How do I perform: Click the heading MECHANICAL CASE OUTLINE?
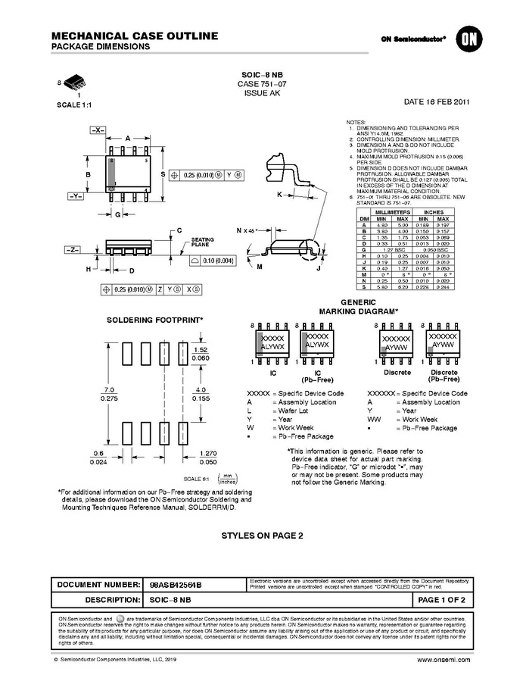135,36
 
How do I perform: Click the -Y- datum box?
76,195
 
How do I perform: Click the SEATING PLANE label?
202,242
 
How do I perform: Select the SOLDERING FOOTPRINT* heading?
154,320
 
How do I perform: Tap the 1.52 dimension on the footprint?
201,350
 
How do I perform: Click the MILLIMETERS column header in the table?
393,214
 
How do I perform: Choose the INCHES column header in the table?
433,214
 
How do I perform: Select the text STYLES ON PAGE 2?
262,535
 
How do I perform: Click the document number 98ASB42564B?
176,586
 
